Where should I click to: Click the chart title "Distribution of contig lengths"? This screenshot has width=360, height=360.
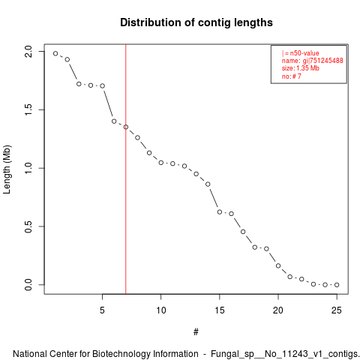coord(196,22)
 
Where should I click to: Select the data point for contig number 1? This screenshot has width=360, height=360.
coord(55,53)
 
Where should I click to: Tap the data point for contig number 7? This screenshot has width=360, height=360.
coord(126,127)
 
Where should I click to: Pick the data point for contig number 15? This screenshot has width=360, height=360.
coord(220,212)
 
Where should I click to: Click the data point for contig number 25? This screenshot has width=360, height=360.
coord(337,285)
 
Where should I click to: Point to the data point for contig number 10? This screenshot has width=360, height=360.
coord(161,163)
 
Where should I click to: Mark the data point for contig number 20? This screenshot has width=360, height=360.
coord(278,265)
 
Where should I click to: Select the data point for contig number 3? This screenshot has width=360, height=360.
coord(79,84)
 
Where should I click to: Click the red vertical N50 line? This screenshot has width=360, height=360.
coord(126,169)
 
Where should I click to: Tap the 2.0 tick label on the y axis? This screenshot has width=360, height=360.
coord(28,52)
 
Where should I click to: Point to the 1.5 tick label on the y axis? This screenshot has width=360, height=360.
coord(28,109)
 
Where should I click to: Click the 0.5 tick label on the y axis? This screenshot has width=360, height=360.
coord(28,226)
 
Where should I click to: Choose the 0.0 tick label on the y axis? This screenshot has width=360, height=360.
coord(28,285)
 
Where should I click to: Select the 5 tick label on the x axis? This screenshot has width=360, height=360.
coord(102,310)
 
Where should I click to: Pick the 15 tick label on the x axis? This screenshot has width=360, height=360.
coord(220,310)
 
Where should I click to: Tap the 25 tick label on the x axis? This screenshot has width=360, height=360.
coord(337,310)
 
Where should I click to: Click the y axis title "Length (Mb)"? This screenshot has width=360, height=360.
coord(7,169)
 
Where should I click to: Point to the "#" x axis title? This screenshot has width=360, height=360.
coord(196,332)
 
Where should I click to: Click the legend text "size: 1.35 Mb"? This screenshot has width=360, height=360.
coord(301,68)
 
